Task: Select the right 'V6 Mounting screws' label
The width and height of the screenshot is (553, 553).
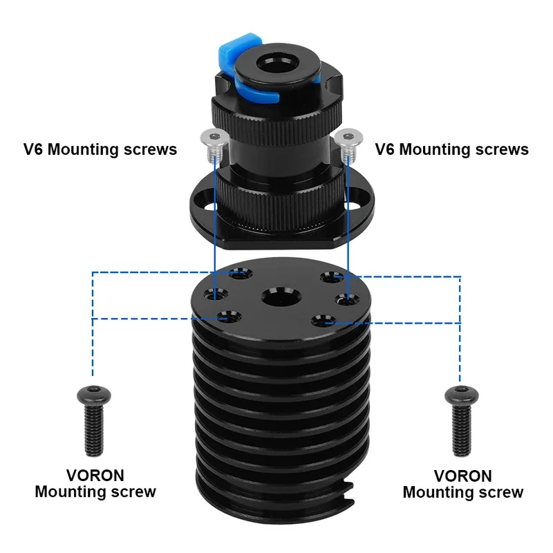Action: click(x=451, y=149)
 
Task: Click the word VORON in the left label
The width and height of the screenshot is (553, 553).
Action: click(x=95, y=476)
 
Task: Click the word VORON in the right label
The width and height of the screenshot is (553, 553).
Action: click(x=463, y=476)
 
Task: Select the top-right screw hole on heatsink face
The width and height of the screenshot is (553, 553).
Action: click(x=328, y=279)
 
